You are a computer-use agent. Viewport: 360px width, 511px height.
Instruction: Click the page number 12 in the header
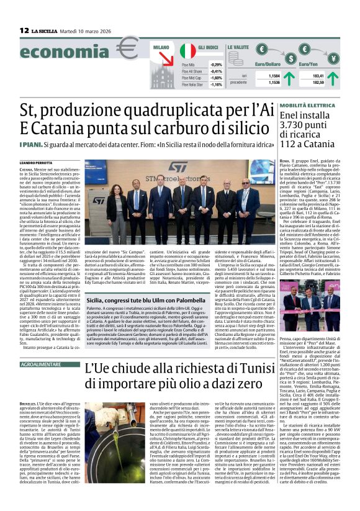[x=24, y=30]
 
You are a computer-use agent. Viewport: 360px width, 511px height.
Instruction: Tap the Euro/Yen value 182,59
[x=319, y=82]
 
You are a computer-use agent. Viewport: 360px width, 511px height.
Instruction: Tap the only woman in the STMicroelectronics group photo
[x=117, y=210]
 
